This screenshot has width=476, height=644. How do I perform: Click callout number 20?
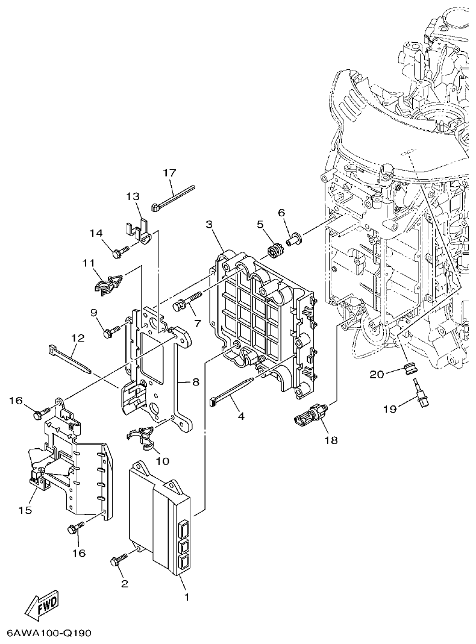(x=377, y=375)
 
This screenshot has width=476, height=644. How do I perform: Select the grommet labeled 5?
(x=275, y=249)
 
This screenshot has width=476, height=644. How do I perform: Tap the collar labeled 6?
(x=293, y=239)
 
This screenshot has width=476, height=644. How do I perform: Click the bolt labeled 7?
(x=187, y=302)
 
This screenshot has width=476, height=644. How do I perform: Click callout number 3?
(x=208, y=225)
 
